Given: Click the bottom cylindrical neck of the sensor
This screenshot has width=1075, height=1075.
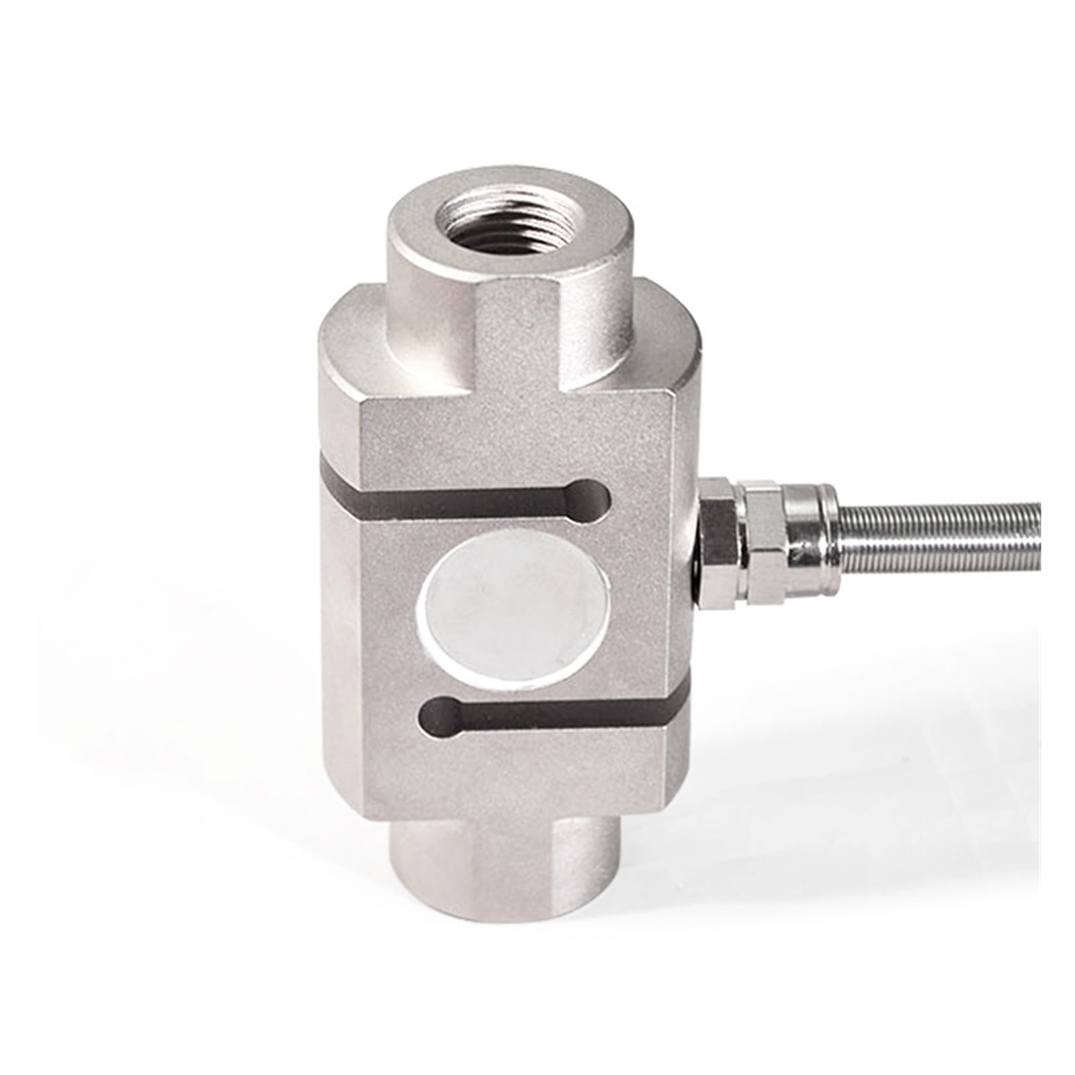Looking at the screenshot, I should click(x=504, y=873).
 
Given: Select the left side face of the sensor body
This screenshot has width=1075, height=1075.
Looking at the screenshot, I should click(x=343, y=605).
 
